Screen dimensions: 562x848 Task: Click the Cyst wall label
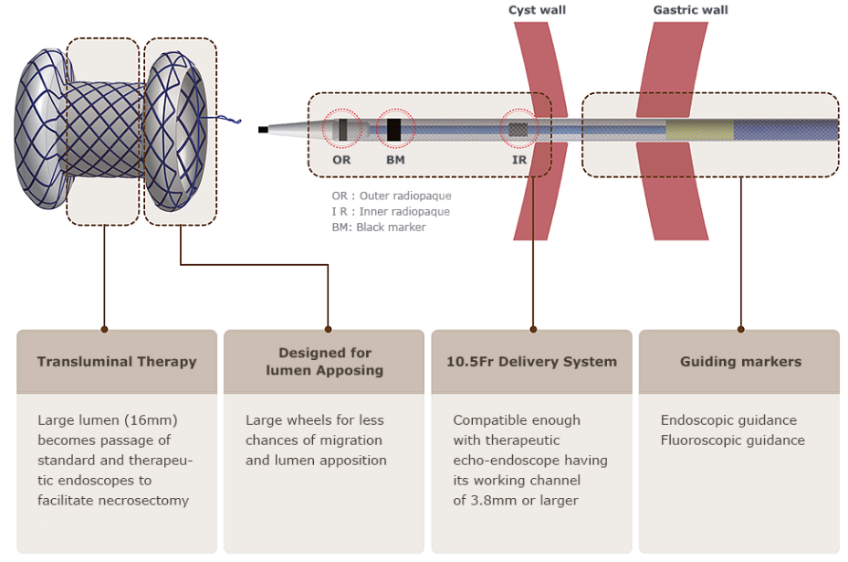pos(537,10)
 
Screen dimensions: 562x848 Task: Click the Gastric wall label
pos(690,10)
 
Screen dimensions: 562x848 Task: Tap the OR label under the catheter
pos(341,160)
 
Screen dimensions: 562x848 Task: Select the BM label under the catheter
pos(395,160)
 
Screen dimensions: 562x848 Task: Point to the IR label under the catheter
pos(519,160)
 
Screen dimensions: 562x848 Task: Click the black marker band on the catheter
pos(394,130)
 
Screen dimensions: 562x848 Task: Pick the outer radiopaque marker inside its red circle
pos(342,130)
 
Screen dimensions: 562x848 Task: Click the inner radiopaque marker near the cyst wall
pos(518,130)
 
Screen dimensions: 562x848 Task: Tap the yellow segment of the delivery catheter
pos(699,131)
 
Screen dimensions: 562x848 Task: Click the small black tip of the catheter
pos(263,130)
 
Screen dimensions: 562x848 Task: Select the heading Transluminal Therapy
pos(117,362)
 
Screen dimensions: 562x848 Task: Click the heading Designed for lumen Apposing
pos(324,362)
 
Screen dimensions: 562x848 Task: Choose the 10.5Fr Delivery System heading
pos(531,362)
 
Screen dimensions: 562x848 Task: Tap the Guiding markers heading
pos(740,362)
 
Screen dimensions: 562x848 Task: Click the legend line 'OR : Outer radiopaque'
pos(391,196)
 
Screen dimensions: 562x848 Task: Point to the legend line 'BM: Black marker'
pos(378,227)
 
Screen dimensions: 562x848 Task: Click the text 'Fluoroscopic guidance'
pos(732,440)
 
